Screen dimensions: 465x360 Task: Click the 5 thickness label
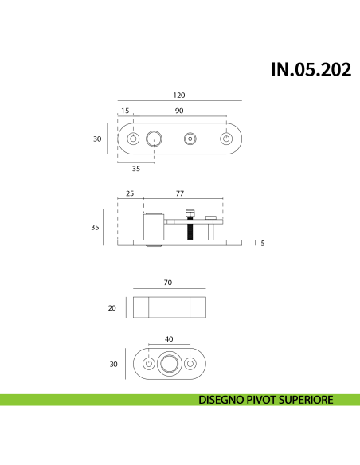[x=263, y=242]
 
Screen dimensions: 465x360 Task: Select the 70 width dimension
[x=168, y=283]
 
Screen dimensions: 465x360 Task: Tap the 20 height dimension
[x=114, y=307]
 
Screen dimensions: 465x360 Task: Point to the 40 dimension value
[x=169, y=339]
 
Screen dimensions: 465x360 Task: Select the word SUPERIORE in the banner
[x=305, y=400]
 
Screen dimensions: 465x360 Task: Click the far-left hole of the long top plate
[x=133, y=139]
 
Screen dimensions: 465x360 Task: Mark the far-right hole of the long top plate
[x=227, y=139]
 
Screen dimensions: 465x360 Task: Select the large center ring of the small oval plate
[x=169, y=364]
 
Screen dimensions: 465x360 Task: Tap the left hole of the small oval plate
[x=148, y=364]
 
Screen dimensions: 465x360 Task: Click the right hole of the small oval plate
[x=190, y=364]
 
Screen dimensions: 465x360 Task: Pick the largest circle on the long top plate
[x=154, y=139]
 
